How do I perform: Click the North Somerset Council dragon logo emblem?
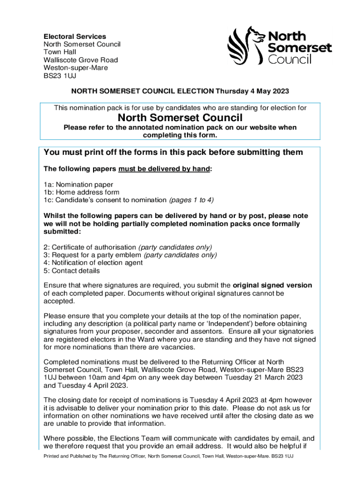245,45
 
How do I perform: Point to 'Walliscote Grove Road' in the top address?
80,60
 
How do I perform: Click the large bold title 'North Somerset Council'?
180,118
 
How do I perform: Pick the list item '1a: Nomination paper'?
78,184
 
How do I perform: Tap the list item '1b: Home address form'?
81,192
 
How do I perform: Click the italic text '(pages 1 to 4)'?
191,200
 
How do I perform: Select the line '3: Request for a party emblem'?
92,255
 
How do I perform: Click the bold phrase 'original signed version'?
272,285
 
